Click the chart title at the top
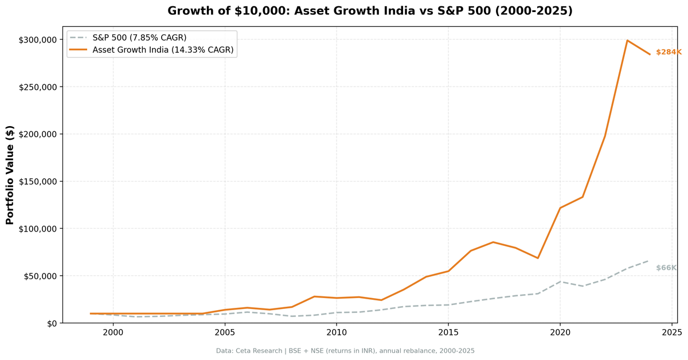(x=370, y=11)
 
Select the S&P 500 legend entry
(x=139, y=38)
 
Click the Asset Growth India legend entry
(x=163, y=50)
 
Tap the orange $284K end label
(x=669, y=52)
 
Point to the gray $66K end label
(x=666, y=268)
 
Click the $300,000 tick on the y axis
(x=38, y=40)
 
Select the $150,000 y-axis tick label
(x=38, y=182)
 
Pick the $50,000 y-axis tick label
(x=40, y=276)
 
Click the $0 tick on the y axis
(x=52, y=323)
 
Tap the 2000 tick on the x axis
(x=113, y=332)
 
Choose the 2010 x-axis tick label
(x=337, y=332)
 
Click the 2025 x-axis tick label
(x=672, y=332)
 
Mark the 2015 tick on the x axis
(x=448, y=332)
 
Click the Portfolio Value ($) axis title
(x=10, y=175)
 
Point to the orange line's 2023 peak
(x=627, y=40)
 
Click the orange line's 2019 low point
(x=538, y=258)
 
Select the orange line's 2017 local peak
(x=493, y=242)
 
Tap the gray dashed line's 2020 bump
(x=560, y=281)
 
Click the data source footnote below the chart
(x=345, y=351)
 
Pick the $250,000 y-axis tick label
(x=38, y=87)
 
